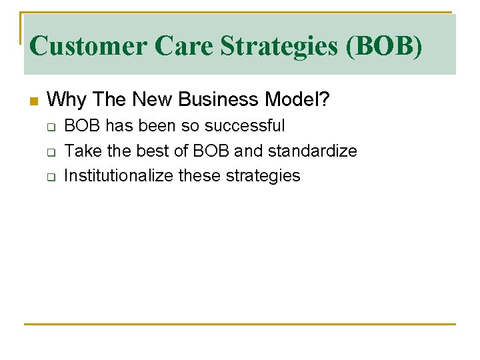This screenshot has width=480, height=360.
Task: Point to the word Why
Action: [x=68, y=100]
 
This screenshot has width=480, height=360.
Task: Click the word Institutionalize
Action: [x=120, y=176]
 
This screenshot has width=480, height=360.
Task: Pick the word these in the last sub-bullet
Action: [x=203, y=176]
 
